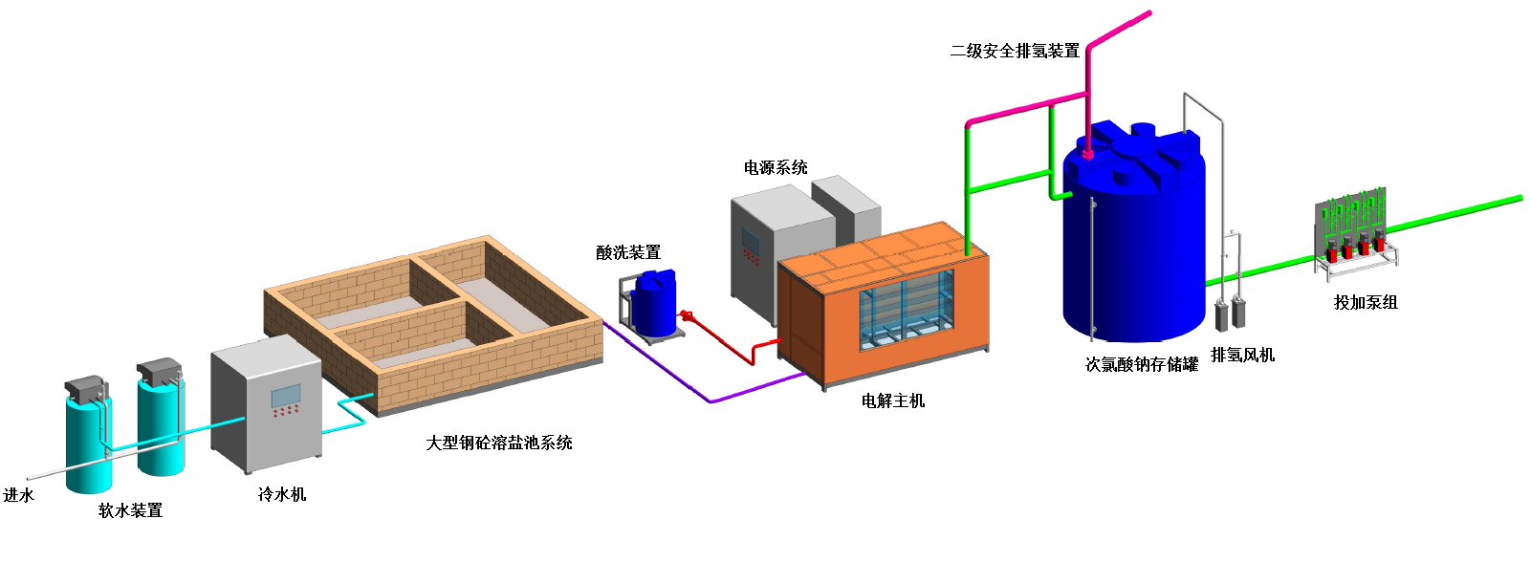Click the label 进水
[x=18, y=495]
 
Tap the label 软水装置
[x=130, y=510]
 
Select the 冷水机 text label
[x=282, y=494]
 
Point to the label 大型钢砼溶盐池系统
[x=498, y=443]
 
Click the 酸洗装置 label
[x=628, y=252]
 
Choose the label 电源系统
[x=776, y=167]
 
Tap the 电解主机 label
[x=893, y=400]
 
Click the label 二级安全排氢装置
[x=1014, y=51]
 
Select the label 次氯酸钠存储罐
[x=1141, y=364]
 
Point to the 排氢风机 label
[x=1242, y=355]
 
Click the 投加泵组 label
[x=1366, y=302]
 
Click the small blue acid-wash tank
[x=655, y=304]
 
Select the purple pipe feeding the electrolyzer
[x=708, y=399]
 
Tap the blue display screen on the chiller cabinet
[x=285, y=395]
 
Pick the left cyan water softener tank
[x=88, y=440]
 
